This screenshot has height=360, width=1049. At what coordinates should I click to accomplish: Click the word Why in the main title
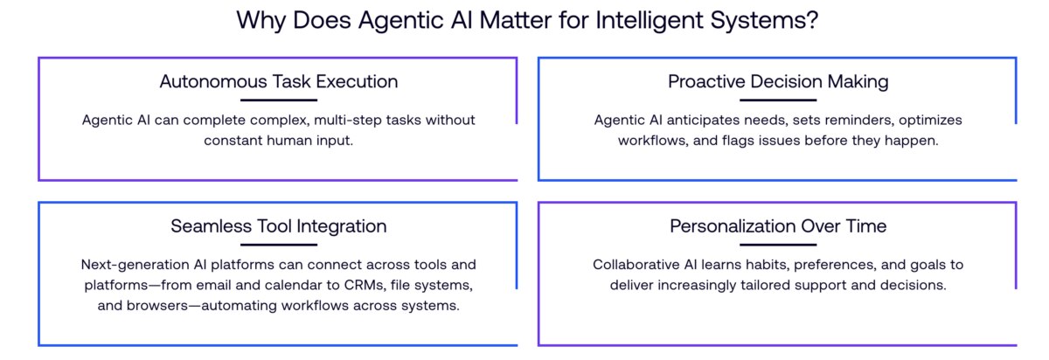coord(260,21)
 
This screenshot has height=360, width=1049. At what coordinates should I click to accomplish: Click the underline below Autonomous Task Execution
coord(278,100)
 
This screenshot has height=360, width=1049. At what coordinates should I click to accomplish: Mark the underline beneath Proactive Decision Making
coord(778,100)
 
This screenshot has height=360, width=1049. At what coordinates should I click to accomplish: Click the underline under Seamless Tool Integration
coord(278,246)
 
